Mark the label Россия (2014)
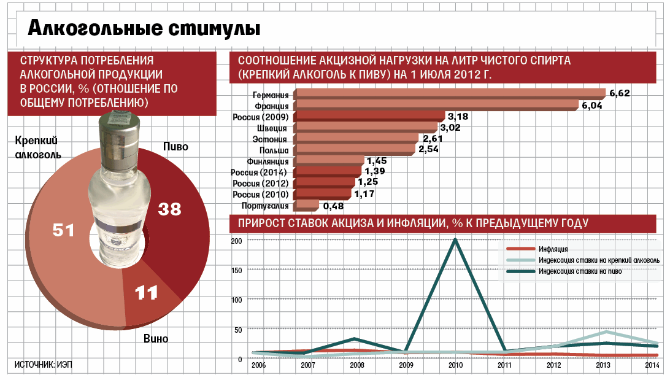point(260,172)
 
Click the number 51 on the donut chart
point(64,230)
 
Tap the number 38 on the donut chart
point(170,209)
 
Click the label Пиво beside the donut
point(175,147)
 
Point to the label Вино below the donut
point(155,338)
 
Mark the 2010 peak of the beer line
point(455,239)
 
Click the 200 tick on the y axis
point(237,240)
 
